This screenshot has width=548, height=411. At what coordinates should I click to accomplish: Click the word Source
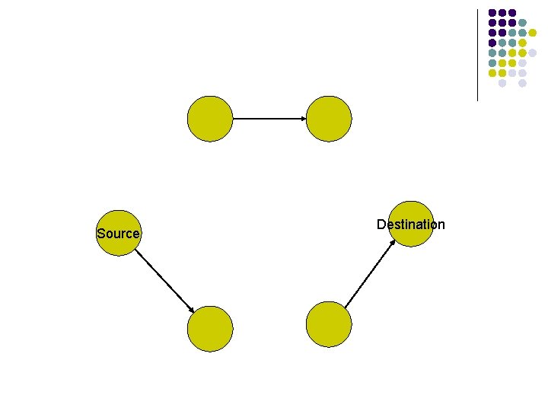(x=118, y=234)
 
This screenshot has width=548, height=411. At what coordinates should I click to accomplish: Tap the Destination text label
(x=410, y=224)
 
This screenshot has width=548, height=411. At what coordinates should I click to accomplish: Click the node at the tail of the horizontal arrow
(x=209, y=119)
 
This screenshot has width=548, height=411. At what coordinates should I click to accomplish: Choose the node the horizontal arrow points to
(x=329, y=119)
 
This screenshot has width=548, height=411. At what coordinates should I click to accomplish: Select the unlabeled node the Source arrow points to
(x=209, y=329)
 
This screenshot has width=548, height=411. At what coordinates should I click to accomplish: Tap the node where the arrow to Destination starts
(x=329, y=324)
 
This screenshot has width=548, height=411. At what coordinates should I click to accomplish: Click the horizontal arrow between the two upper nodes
(x=266, y=119)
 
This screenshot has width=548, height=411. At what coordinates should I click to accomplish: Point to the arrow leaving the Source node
(x=164, y=278)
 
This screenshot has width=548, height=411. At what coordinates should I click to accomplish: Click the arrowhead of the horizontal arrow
(x=302, y=119)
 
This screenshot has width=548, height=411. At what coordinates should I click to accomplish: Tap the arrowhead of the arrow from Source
(x=191, y=307)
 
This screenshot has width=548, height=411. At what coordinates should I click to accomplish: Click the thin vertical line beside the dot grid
(x=477, y=53)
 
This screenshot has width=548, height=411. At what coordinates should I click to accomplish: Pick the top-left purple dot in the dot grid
(x=492, y=13)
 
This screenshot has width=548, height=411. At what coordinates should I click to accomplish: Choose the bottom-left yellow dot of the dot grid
(x=492, y=73)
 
